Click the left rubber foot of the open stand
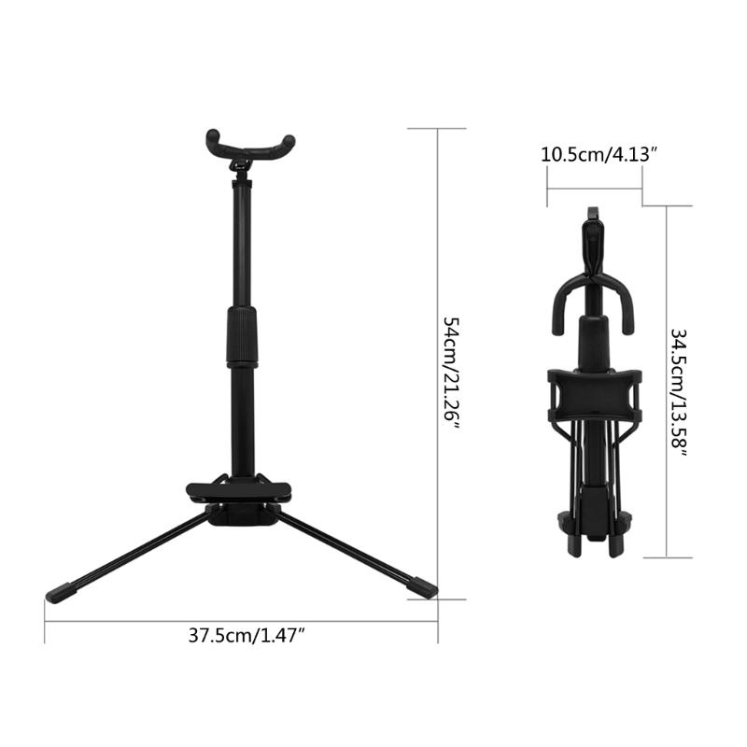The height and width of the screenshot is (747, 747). point(61,592)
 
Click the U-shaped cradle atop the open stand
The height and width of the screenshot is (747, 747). point(251,146)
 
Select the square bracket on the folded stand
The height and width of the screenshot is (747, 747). point(595,396)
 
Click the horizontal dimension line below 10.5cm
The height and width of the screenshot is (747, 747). point(594,188)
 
